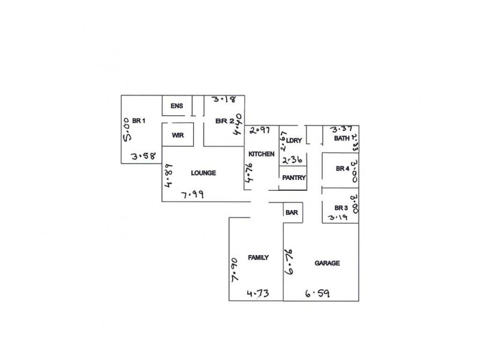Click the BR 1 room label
(x=139, y=121)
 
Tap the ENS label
(x=176, y=106)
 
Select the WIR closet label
(x=178, y=136)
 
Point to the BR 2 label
(x=224, y=121)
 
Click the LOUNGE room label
(x=203, y=173)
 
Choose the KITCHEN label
(x=262, y=154)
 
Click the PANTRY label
(x=294, y=178)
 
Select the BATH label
(x=341, y=139)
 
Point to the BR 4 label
(x=343, y=169)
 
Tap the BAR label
(x=292, y=212)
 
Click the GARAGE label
(x=327, y=263)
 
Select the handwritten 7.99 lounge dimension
(x=193, y=194)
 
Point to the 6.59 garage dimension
(x=317, y=293)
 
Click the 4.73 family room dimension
(x=259, y=293)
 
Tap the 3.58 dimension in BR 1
(x=143, y=157)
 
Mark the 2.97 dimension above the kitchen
(x=260, y=129)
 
